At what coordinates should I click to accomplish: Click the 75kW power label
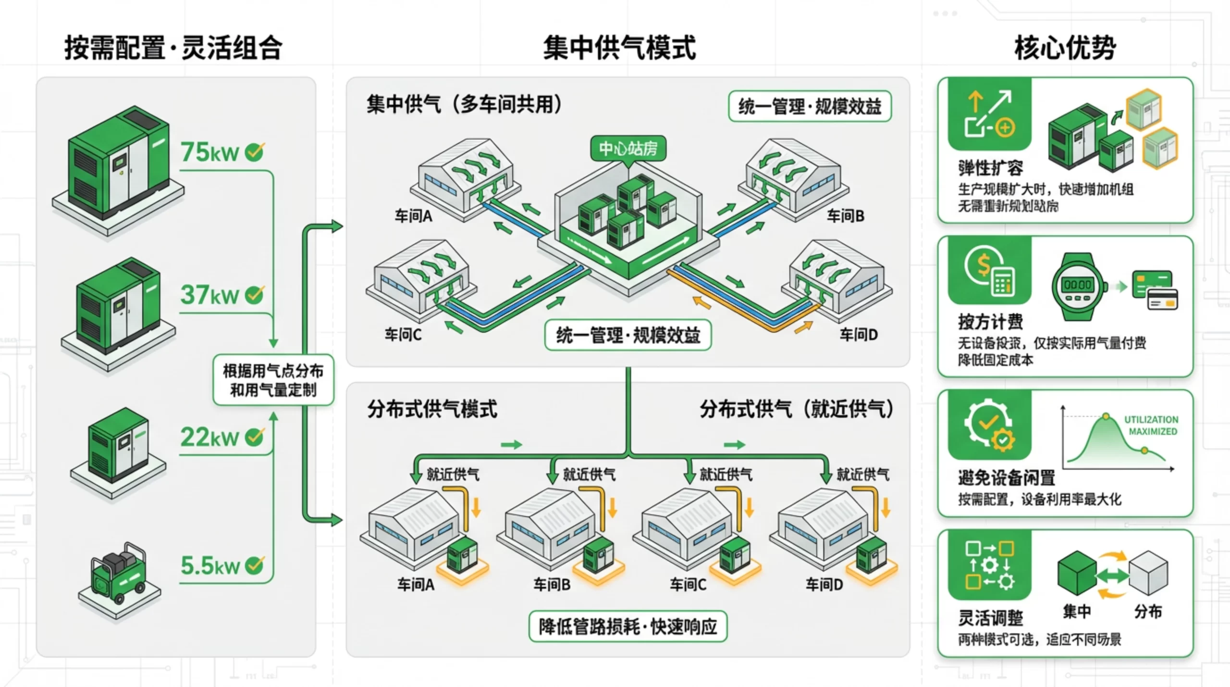(209, 152)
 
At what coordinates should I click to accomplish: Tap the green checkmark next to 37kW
(254, 294)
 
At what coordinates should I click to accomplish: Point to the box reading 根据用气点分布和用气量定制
(273, 380)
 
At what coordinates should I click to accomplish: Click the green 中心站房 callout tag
(627, 149)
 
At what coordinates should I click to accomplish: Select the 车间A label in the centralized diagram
(413, 216)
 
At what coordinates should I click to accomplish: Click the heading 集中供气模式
(619, 48)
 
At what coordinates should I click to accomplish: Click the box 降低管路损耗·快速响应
(627, 626)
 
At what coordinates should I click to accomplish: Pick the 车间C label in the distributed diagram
(688, 585)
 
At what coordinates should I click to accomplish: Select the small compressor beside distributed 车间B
(599, 554)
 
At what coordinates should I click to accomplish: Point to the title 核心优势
(1065, 48)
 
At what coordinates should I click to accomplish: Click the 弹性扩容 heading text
(990, 168)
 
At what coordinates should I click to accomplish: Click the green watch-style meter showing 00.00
(1078, 286)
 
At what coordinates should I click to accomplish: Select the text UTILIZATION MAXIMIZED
(1151, 425)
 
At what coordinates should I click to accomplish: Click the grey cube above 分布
(1148, 573)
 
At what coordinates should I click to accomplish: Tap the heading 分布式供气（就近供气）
(796, 410)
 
